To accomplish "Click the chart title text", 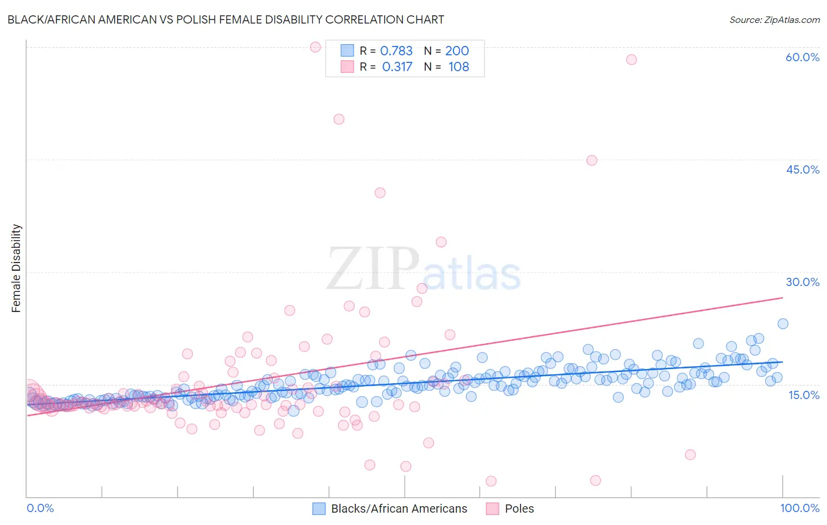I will (226, 19).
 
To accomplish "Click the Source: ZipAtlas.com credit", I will (774, 19).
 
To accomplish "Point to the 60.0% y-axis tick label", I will (802, 57).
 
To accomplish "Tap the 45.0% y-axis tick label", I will (802, 170).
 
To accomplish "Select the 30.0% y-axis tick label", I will (802, 282).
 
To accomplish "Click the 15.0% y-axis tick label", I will (803, 395).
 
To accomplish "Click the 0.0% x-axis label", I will (40, 508).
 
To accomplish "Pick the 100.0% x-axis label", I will (799, 508).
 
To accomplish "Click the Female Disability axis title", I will (16, 268).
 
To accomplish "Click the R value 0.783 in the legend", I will (396, 51).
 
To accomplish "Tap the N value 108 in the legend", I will (459, 67).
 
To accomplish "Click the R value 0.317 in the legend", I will (397, 67).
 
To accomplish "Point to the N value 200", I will (457, 51).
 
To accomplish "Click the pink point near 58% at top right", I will (631, 59).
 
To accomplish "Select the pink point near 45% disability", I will (592, 161).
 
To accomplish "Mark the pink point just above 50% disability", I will (339, 119).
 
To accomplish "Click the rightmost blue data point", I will (783, 324).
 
